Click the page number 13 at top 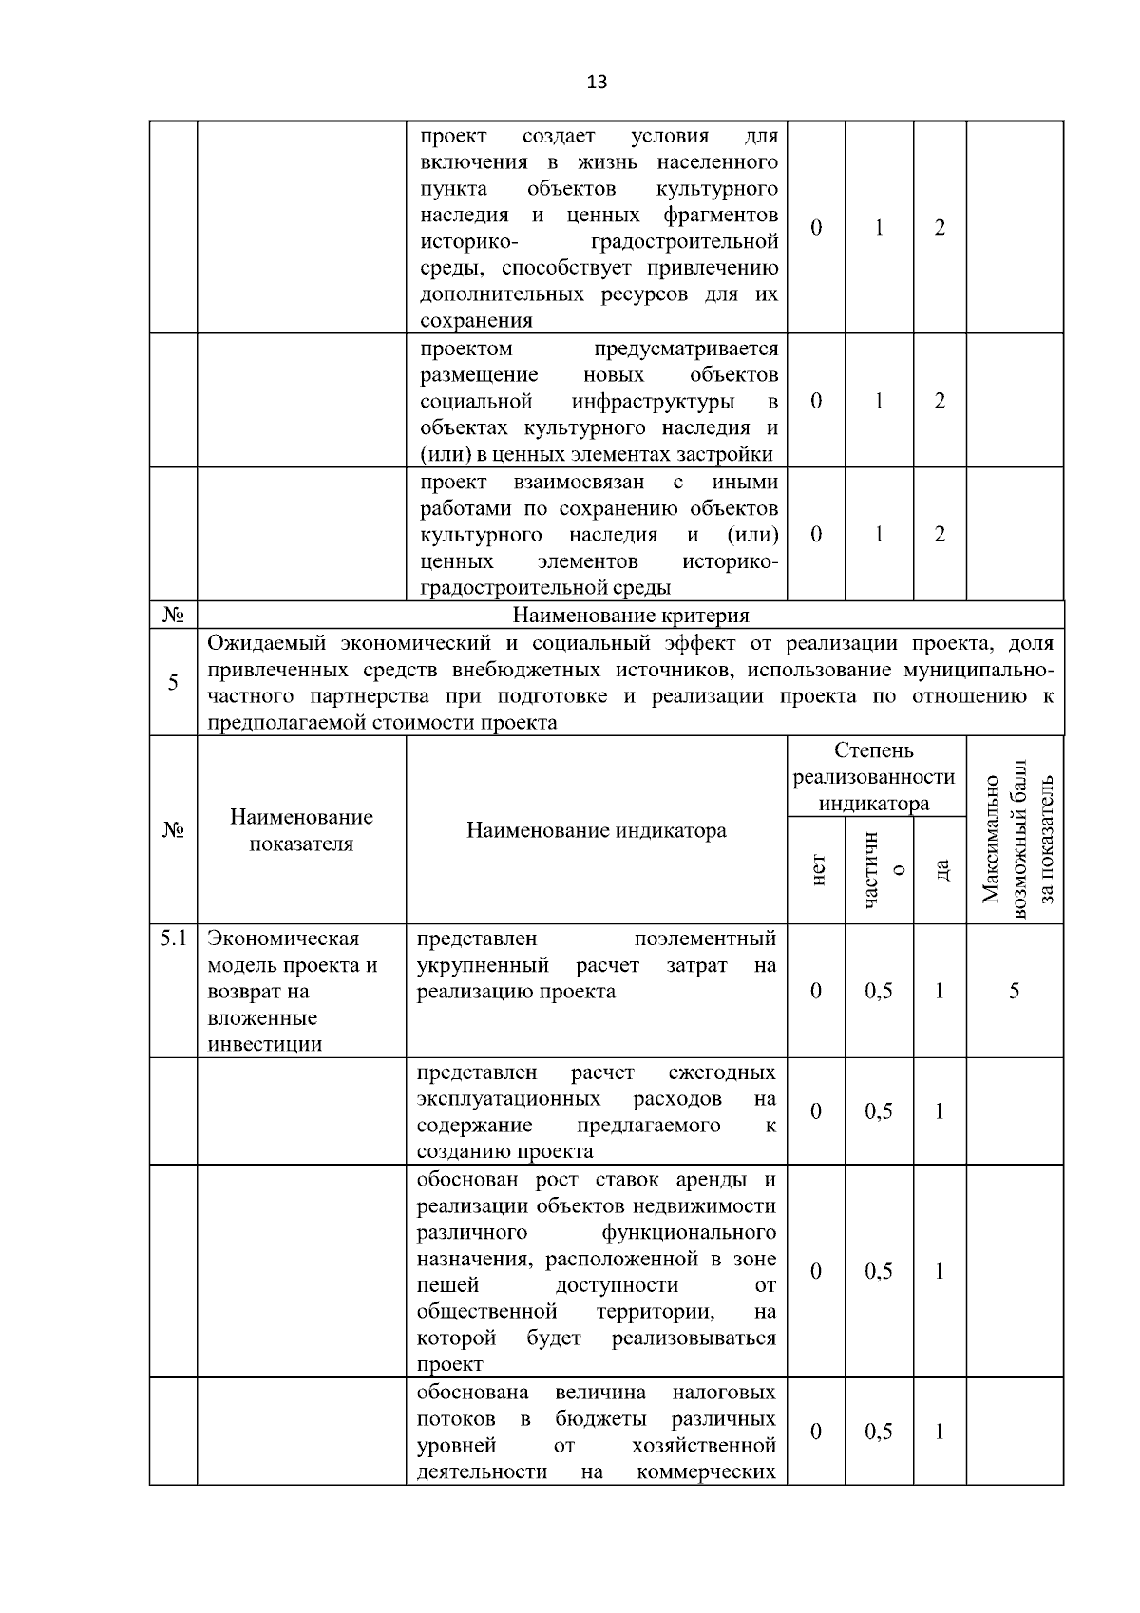pyautogui.click(x=597, y=82)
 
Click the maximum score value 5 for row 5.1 pyautogui.click(x=1014, y=991)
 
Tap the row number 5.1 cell pyautogui.click(x=172, y=939)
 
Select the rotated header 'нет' pyautogui.click(x=816, y=869)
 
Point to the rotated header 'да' pyautogui.click(x=940, y=869)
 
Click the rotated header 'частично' pyautogui.click(x=879, y=869)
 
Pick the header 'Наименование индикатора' pyautogui.click(x=596, y=831)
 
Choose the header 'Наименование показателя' pyautogui.click(x=301, y=830)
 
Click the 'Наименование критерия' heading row pyautogui.click(x=630, y=616)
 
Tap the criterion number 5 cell pyautogui.click(x=172, y=682)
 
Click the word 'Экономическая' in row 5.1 pyautogui.click(x=283, y=939)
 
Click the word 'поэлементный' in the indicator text pyautogui.click(x=704, y=939)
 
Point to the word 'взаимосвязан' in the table pyautogui.click(x=585, y=482)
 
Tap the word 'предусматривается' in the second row pyautogui.click(x=685, y=348)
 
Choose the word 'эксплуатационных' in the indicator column pyautogui.click(x=508, y=1099)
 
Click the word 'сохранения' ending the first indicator pyautogui.click(x=476, y=321)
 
